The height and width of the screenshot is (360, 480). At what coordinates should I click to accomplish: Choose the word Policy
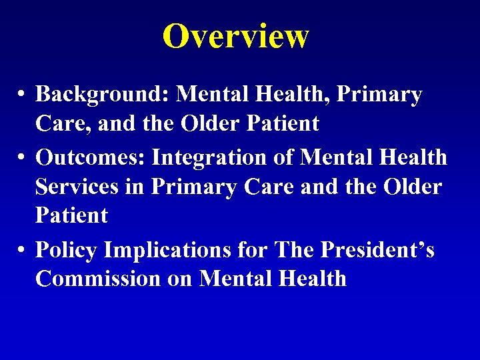(68, 250)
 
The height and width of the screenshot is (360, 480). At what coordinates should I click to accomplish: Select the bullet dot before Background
(22, 95)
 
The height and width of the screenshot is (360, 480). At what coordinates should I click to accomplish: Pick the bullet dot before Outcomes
(22, 157)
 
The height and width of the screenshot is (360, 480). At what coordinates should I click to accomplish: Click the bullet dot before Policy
(22, 250)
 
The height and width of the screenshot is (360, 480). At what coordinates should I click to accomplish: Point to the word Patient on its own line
(71, 215)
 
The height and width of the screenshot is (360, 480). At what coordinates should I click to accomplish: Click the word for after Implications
(255, 250)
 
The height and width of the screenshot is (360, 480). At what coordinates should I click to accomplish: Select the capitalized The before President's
(298, 250)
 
